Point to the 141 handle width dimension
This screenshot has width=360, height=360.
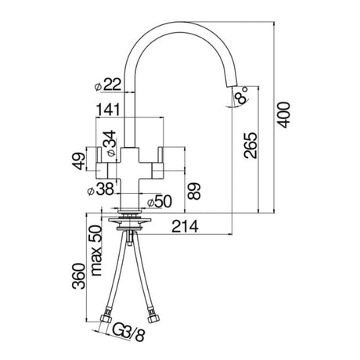pyautogui.click(x=109, y=111)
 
